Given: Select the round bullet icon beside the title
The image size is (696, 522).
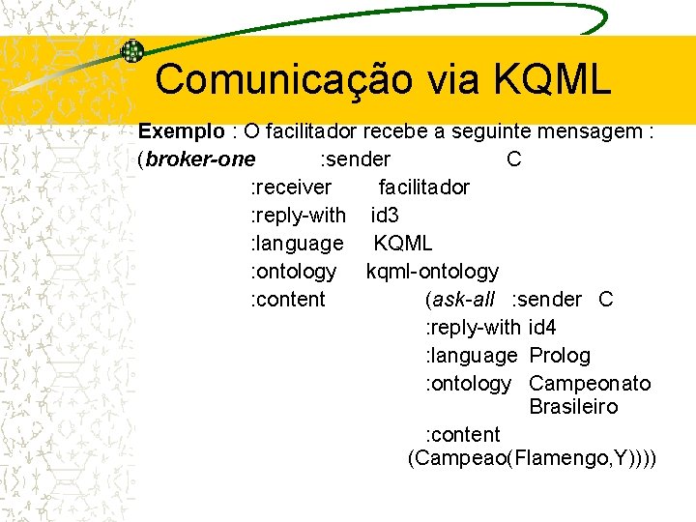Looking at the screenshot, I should point(132,51).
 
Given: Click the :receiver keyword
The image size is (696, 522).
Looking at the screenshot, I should point(291,187).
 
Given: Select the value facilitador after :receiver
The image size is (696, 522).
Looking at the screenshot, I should point(423,187).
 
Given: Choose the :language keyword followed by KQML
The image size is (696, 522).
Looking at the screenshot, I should point(297,243).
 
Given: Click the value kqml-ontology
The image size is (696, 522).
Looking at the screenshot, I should point(432,272).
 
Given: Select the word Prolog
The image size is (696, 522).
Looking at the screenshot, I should point(560,356).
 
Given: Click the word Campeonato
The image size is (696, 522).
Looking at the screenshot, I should point(590,384).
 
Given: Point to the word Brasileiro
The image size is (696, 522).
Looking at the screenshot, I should point(573,407).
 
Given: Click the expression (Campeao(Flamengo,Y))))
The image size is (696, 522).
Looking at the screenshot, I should point(532,458).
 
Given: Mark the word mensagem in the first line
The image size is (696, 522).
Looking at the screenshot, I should point(601,130).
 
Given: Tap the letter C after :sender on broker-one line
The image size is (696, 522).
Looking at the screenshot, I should point(513,159).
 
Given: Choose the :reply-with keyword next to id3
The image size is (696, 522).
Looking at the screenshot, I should point(298,215).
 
